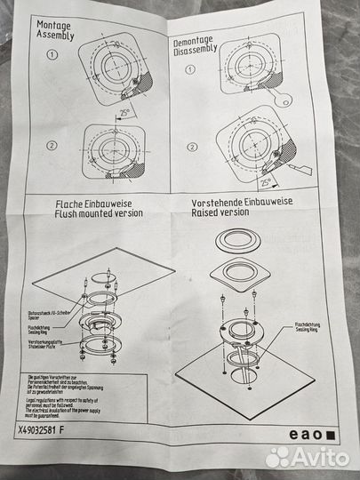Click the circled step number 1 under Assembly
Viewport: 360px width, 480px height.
pyautogui.click(x=52, y=53)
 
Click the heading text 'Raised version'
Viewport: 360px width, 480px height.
pyautogui.click(x=220, y=213)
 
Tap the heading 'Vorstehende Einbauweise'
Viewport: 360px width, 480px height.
pyautogui.click(x=244, y=203)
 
